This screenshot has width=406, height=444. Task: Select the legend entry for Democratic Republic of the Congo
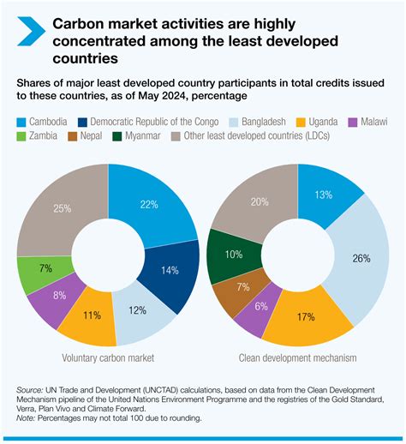(145, 123)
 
